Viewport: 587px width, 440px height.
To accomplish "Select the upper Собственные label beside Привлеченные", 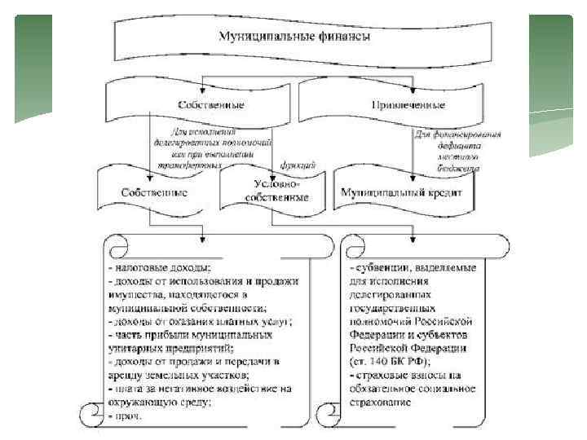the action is [211, 105].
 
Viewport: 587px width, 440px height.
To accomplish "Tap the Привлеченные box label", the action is [408, 105].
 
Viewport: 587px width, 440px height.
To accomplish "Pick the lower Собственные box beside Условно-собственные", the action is [154, 193].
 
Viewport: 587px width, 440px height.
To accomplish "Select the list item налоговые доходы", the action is [162, 267].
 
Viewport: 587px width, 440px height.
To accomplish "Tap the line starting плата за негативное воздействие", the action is [201, 389].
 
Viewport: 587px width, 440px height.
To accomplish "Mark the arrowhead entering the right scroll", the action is [413, 240].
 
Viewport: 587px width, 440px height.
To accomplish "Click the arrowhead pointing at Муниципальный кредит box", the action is [413, 174].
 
